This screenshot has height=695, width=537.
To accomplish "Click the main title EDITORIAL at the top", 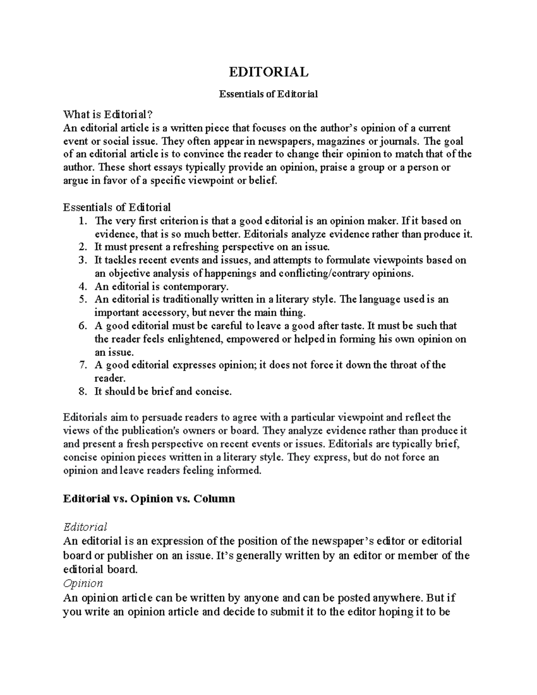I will pyautogui.click(x=268, y=72).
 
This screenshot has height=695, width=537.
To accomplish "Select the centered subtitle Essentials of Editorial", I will pyautogui.click(x=268, y=94).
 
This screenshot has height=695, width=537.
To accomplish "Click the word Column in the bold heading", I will pyautogui.click(x=214, y=498).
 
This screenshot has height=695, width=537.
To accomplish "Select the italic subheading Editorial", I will pyautogui.click(x=85, y=527).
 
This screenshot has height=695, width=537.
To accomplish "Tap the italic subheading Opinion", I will pyautogui.click(x=83, y=583).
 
